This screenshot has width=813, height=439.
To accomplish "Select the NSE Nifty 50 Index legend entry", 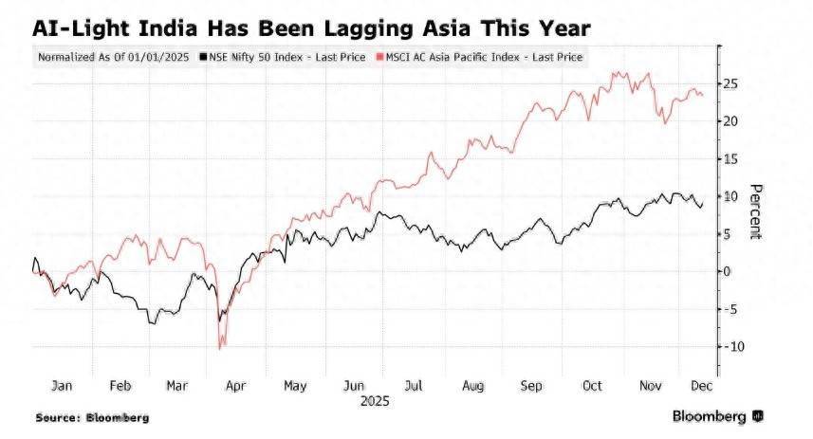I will [x=283, y=57].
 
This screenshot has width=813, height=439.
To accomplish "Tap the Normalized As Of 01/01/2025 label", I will [x=114, y=57].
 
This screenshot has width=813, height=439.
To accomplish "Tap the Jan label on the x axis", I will [x=62, y=387].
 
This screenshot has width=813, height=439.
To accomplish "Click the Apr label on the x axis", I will [x=237, y=387].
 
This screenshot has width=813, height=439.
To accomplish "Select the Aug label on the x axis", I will [x=472, y=387].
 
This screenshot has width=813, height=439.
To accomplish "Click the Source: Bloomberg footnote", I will [x=92, y=417].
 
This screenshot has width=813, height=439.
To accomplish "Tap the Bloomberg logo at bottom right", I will [x=717, y=416].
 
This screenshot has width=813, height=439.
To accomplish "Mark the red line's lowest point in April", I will [x=220, y=349].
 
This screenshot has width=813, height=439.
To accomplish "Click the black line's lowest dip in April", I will [x=219, y=321].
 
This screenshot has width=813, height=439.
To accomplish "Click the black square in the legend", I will [x=203, y=57].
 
